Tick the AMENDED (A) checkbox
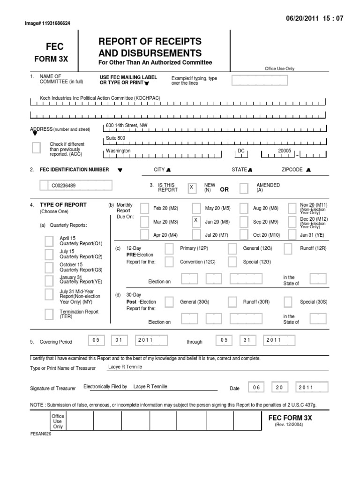(244, 188)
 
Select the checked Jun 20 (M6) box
(196, 221)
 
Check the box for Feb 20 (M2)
(145, 208)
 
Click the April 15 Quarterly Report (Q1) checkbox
(49, 241)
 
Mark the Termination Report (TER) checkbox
(49, 314)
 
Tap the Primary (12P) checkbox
(170, 248)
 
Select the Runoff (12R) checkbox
(289, 248)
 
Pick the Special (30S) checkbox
(289, 302)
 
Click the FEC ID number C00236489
(64, 186)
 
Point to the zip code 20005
(284, 151)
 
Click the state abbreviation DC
(241, 151)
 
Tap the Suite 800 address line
(116, 138)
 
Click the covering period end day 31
(247, 340)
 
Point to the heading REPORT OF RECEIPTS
(150, 41)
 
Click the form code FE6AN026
(41, 434)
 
